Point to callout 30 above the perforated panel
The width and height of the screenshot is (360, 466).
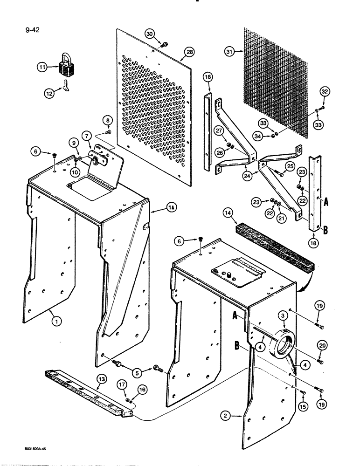coord(149,34)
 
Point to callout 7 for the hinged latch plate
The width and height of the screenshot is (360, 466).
coord(87,135)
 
